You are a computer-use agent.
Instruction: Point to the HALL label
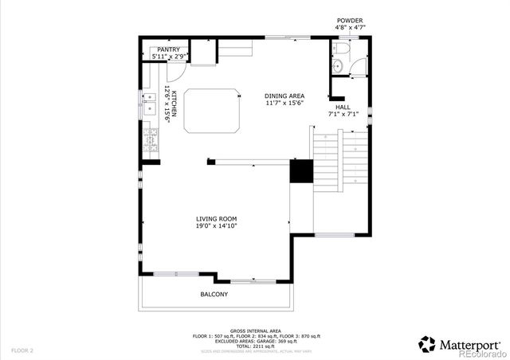(x=343, y=107)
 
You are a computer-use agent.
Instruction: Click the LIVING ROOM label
(x=217, y=219)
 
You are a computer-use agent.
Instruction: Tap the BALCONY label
(x=214, y=295)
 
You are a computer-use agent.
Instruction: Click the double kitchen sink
(x=149, y=104)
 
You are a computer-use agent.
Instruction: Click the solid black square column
(x=300, y=171)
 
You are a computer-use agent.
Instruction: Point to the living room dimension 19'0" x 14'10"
(x=217, y=226)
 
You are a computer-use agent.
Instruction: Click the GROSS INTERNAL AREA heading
(x=254, y=330)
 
